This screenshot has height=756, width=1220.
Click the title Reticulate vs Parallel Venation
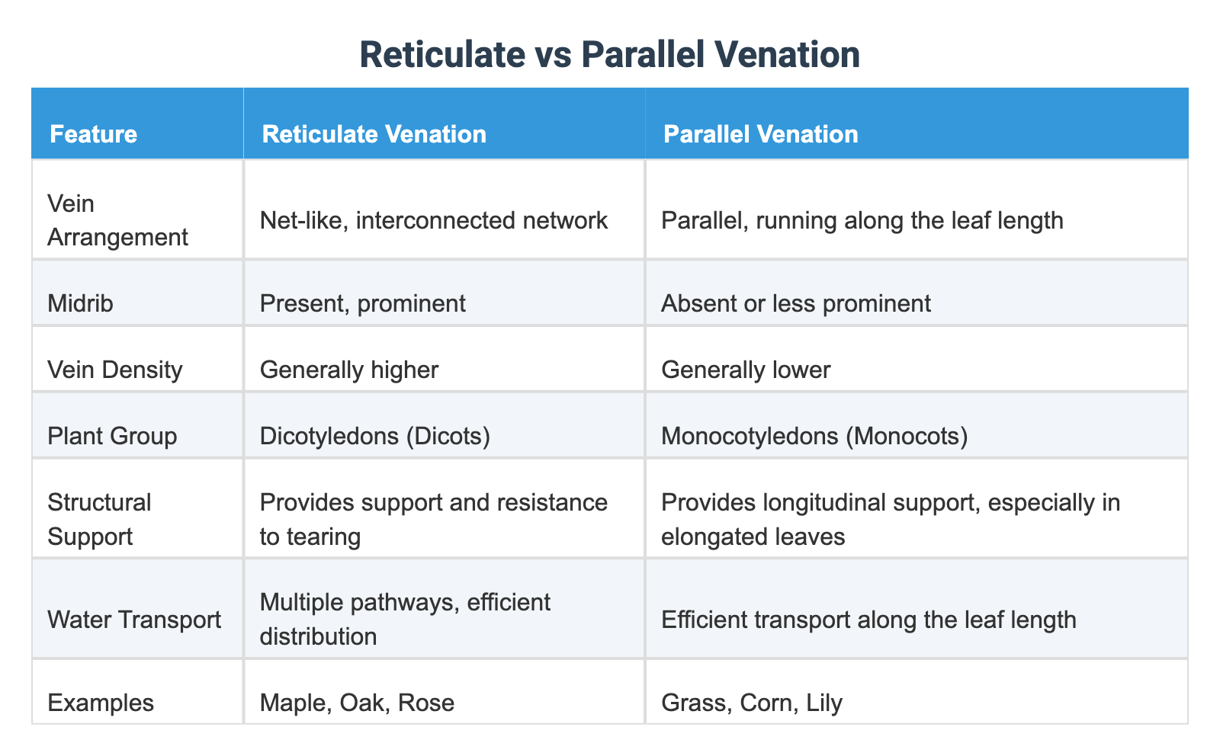(x=609, y=56)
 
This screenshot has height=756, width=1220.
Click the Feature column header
(x=93, y=134)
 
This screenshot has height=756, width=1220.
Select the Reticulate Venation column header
(x=374, y=134)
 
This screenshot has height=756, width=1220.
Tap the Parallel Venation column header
(x=760, y=134)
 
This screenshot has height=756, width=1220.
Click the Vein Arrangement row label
(x=117, y=220)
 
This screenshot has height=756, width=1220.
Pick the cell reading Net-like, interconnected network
(x=433, y=220)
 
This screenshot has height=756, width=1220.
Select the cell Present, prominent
(x=362, y=303)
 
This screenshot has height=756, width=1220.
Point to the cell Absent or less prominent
(x=795, y=303)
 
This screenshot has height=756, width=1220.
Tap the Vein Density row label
(x=114, y=370)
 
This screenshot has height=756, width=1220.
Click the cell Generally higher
(x=348, y=370)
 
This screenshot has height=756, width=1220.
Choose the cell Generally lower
(x=745, y=370)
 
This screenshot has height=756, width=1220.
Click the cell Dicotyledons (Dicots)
(x=374, y=436)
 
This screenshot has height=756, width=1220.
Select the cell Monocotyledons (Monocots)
(x=814, y=436)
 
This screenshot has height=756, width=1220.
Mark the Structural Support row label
(x=99, y=519)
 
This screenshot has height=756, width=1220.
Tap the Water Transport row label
(x=134, y=619)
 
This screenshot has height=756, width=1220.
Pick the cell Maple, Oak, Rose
(x=357, y=702)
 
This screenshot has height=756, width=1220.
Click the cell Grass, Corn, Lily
(x=751, y=702)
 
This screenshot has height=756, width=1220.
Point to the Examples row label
(x=100, y=702)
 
